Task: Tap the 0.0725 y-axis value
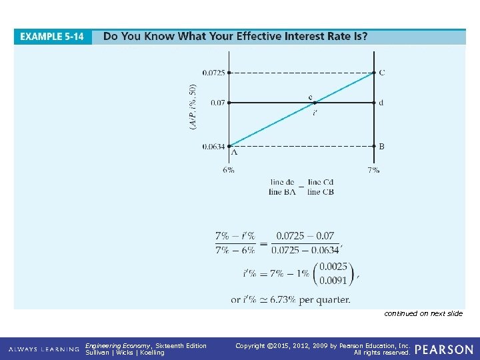pos(213,73)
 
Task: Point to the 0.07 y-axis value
pos(217,103)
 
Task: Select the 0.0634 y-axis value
pos(213,146)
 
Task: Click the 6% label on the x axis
pos(229,169)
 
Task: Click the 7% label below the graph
pos(373,169)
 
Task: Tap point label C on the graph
pos(381,73)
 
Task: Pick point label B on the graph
pos(381,146)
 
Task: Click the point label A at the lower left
pos(234,153)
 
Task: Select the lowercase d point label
pos(381,103)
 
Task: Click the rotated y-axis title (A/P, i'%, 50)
pos(193,106)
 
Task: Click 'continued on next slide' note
pos(423,313)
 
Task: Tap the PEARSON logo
pos(444,349)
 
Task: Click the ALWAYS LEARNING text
pos(41,349)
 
